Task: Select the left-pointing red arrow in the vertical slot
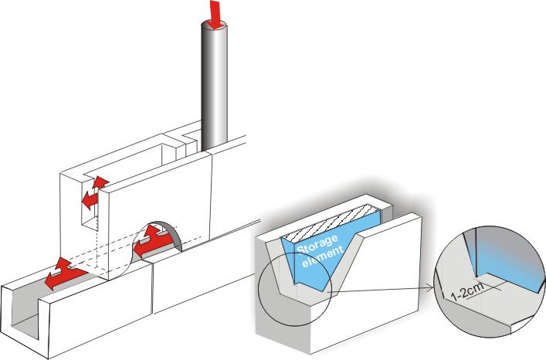click(x=90, y=200)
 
